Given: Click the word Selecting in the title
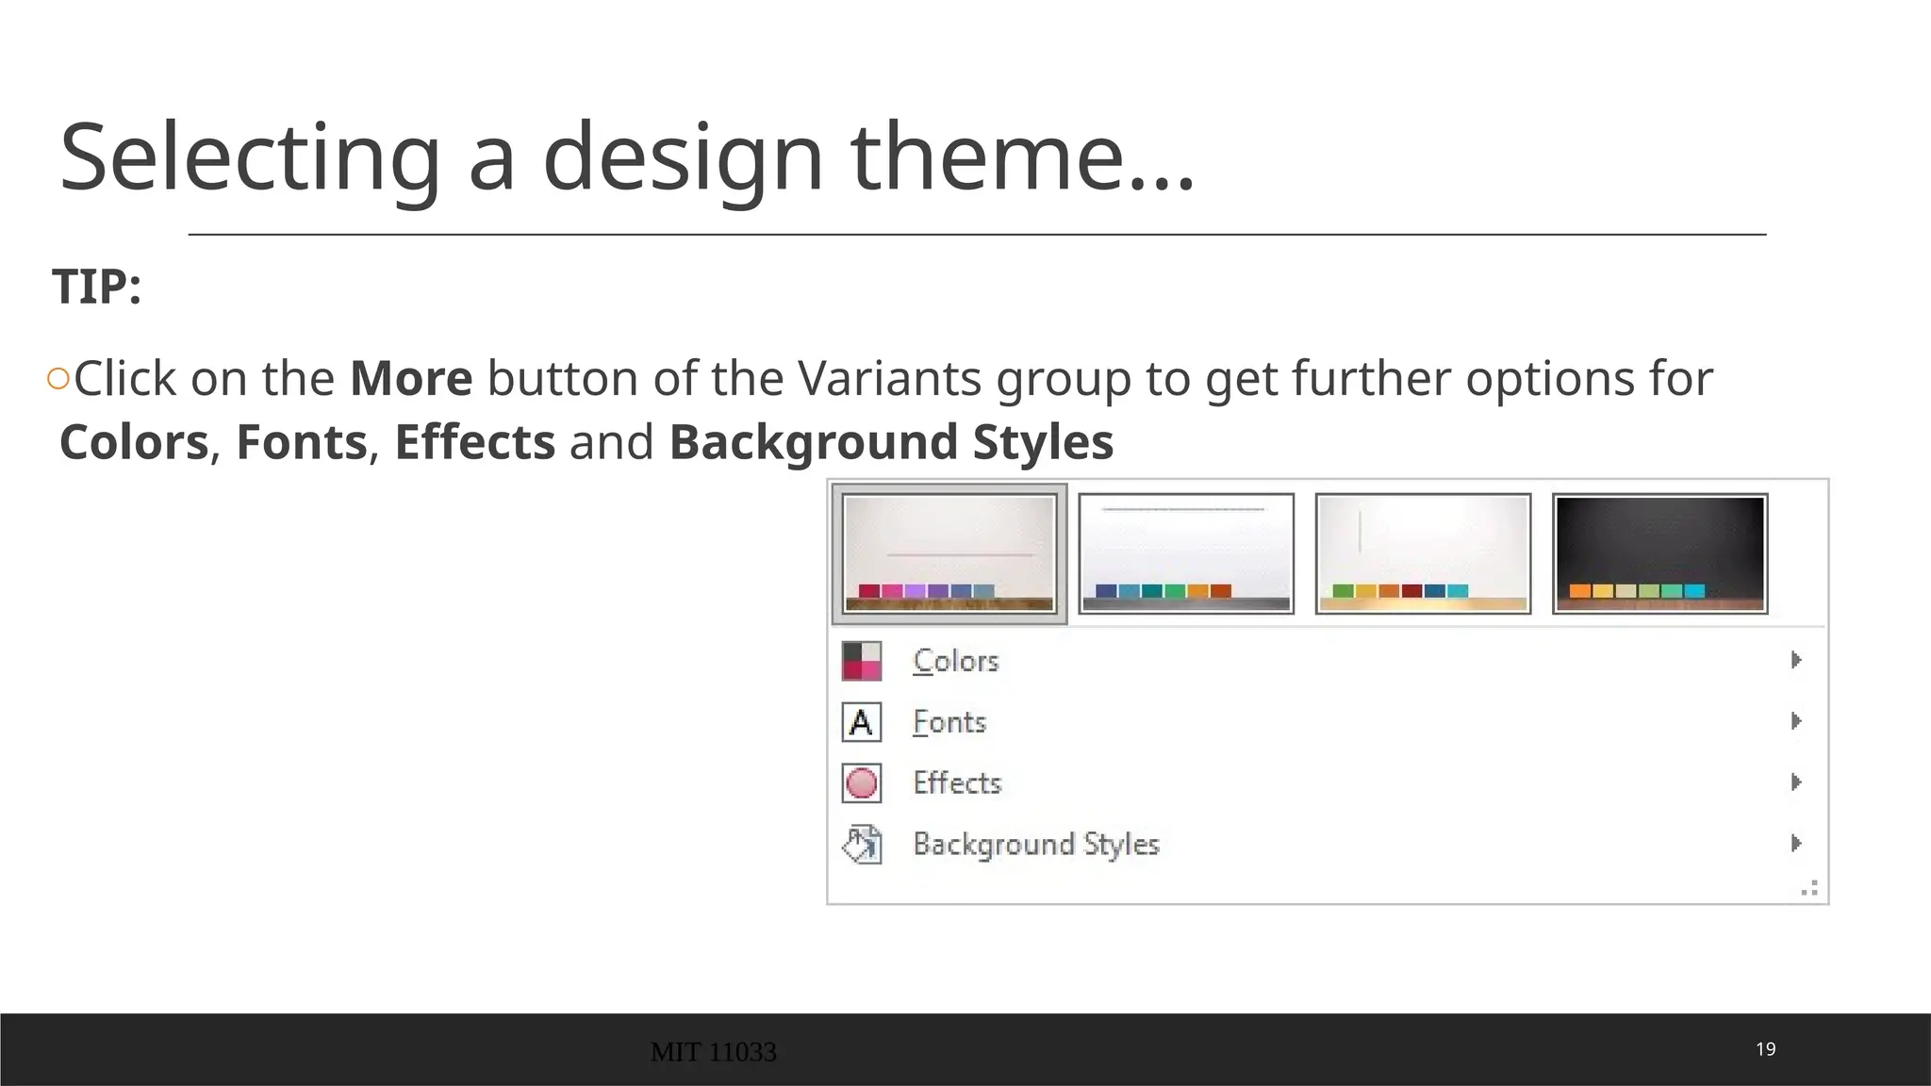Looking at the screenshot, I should click(x=250, y=157).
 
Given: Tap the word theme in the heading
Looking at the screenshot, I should click(x=987, y=157).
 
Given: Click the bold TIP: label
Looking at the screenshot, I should click(x=97, y=287).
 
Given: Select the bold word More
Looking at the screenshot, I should click(x=411, y=379).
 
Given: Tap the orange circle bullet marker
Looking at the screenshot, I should click(x=58, y=379).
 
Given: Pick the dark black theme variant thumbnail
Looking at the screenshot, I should click(x=1659, y=553).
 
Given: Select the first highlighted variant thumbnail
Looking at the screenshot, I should click(x=949, y=553).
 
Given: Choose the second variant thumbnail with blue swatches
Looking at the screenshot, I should click(x=1186, y=553).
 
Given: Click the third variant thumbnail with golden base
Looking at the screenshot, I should click(x=1423, y=553).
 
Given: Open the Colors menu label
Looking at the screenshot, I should click(x=956, y=661).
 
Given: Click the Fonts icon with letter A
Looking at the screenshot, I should click(x=861, y=723).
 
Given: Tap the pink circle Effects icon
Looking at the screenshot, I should click(x=861, y=783).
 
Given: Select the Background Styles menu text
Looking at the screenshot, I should click(x=1035, y=844).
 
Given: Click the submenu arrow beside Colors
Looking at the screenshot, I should click(x=1796, y=660).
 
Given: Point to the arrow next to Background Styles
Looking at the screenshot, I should click(x=1796, y=843).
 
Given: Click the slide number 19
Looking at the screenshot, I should click(x=1765, y=1049).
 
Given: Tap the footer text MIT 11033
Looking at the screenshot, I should click(x=714, y=1052).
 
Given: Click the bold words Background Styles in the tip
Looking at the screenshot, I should click(x=891, y=442).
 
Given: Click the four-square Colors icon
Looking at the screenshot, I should click(x=861, y=661).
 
